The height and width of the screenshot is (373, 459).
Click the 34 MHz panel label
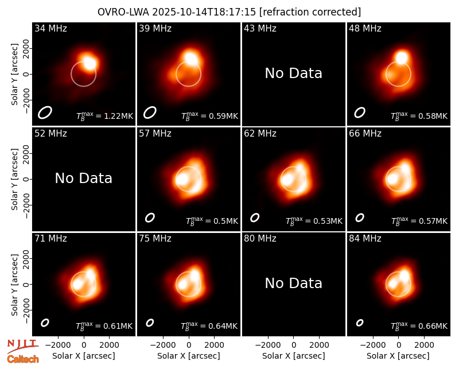pos(50,28)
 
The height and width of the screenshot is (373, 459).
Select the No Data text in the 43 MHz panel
pos(294,73)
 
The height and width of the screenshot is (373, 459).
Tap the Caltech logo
pos(23,359)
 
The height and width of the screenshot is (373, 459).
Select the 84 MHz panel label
pos(365,239)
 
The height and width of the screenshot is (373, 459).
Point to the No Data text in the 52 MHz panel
pos(84,178)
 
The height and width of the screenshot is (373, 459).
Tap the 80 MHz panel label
pos(260,239)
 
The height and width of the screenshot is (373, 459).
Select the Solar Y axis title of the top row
pos(14,75)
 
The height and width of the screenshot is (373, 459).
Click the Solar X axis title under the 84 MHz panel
pos(398,356)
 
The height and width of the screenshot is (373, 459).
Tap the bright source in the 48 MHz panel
pos(402,58)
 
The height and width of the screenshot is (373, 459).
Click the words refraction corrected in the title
pos(310,12)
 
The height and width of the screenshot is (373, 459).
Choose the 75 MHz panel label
pos(155,239)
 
